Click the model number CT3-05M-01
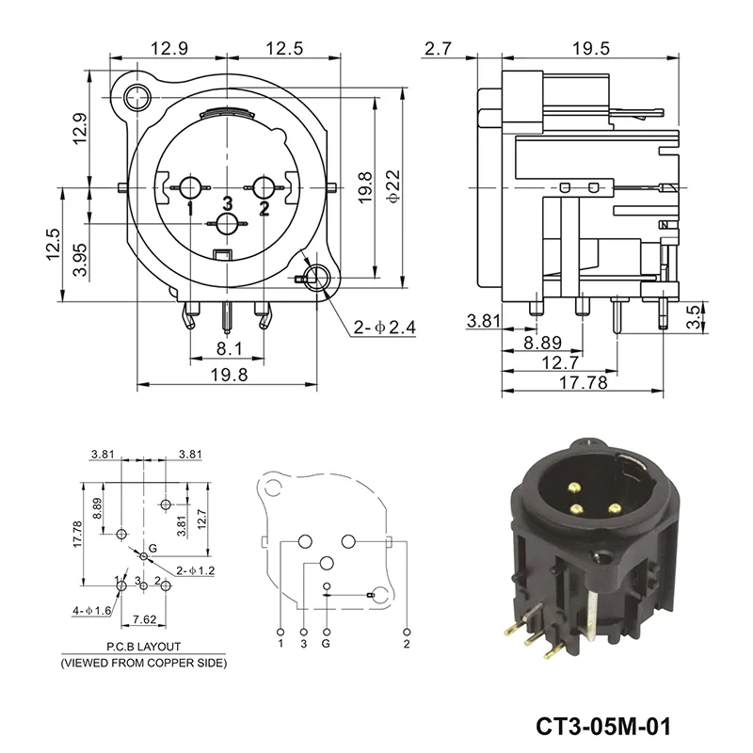point(605,728)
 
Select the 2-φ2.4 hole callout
point(384,328)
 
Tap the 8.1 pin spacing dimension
point(229,349)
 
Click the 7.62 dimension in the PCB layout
point(144,618)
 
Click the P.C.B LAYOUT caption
point(143,648)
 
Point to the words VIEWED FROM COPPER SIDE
point(143,663)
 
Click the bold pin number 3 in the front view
point(227,203)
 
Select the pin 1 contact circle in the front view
point(190,187)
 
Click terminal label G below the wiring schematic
point(326,644)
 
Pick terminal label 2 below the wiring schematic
point(406,644)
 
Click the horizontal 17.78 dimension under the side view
point(583,383)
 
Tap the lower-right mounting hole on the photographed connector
point(600,558)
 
